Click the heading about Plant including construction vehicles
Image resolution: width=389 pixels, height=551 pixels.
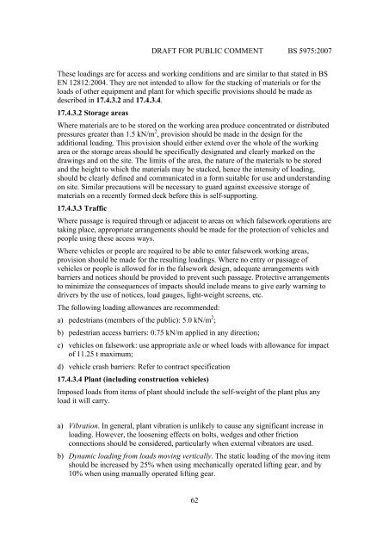pyautogui.click(x=145, y=382)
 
